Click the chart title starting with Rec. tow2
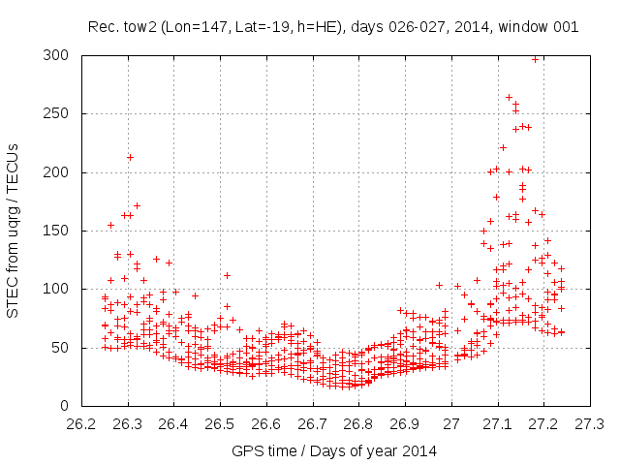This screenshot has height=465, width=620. [333, 27]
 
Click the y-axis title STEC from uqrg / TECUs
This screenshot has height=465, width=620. [15, 230]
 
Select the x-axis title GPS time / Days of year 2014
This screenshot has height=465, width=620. [333, 450]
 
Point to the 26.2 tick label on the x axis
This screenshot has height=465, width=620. [81, 424]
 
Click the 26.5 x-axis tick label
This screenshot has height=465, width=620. [220, 424]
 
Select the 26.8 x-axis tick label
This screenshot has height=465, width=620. [358, 424]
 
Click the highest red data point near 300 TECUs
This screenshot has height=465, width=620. [535, 59]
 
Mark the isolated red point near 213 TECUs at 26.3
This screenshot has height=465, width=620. [130, 157]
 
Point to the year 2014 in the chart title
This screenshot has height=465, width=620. [469, 27]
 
